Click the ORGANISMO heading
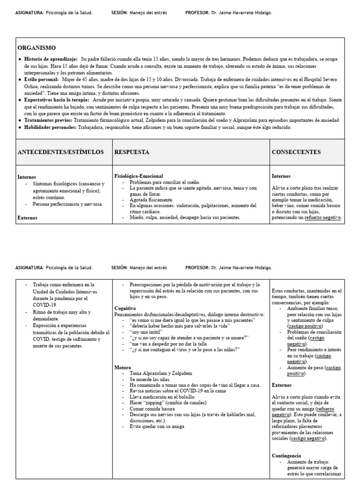pyautogui.click(x=37, y=48)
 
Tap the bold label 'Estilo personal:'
pyautogui.click(x=44, y=80)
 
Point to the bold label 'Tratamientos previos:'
pyautogui.click(x=49, y=120)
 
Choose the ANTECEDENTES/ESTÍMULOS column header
pyautogui.click(x=60, y=152)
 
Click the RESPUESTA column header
pyautogui.click(x=132, y=152)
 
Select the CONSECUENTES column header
pyautogui.click(x=296, y=152)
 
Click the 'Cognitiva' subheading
pyautogui.click(x=125, y=308)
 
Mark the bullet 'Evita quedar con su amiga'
pyautogui.click(x=157, y=426)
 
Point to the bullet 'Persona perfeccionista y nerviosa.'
pyautogui.click(x=68, y=204)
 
